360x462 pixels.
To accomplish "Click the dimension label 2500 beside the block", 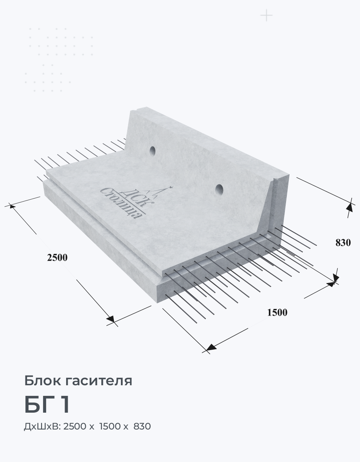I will (57, 258).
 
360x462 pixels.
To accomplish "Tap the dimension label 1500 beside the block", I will (277, 312).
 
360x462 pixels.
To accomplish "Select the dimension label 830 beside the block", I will (343, 243).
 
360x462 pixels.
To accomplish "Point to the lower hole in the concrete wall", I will (219, 189).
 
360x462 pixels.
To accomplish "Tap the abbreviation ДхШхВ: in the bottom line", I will (42, 426).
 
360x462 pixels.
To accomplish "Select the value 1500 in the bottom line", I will (111, 426).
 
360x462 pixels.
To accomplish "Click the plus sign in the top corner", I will (266, 16).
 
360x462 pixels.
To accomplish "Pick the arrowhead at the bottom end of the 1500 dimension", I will (210, 348).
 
